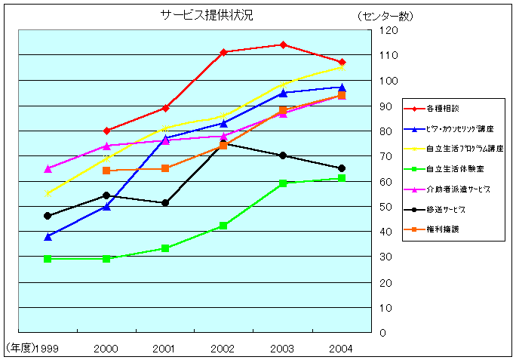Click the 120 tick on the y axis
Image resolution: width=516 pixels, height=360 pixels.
(x=389, y=30)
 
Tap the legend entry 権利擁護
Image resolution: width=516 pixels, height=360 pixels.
(x=441, y=228)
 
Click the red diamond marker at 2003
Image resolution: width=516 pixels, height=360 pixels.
(x=283, y=45)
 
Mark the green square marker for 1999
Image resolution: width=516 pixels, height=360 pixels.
(x=48, y=259)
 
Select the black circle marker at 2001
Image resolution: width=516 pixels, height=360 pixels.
(x=165, y=203)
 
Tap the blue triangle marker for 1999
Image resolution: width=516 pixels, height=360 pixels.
(x=48, y=236)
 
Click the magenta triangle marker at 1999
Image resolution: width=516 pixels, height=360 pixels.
(x=48, y=168)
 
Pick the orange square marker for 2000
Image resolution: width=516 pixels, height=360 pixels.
(x=106, y=171)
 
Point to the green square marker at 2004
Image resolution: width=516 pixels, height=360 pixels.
(x=342, y=178)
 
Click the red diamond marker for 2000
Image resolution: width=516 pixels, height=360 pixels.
(x=106, y=131)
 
